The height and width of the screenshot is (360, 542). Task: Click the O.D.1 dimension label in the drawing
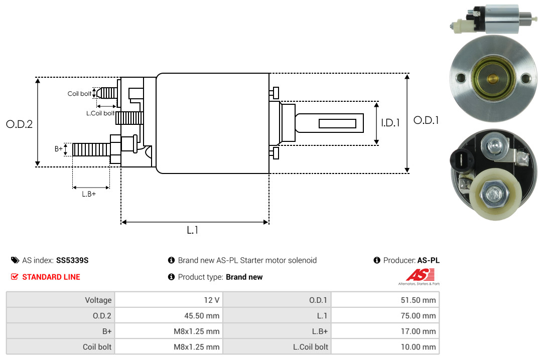pyautogui.click(x=426, y=120)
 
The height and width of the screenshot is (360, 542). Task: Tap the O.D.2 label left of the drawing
pyautogui.click(x=20, y=124)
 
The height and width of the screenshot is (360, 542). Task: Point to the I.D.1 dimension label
pyautogui.click(x=390, y=123)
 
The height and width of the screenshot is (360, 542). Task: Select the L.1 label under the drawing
pyautogui.click(x=193, y=230)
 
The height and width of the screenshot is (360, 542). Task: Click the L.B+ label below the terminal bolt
pyautogui.click(x=89, y=194)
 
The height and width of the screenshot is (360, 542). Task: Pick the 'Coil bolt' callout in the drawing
pyautogui.click(x=79, y=94)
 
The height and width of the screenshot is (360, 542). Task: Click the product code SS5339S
pyautogui.click(x=72, y=260)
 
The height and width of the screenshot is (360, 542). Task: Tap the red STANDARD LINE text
pyautogui.click(x=51, y=277)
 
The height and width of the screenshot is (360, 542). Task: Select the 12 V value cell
pyautogui.click(x=212, y=300)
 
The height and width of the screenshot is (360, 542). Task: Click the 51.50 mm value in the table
pyautogui.click(x=418, y=300)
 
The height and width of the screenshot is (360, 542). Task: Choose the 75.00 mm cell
pyautogui.click(x=418, y=315)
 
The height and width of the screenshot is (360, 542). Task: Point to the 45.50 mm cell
pyautogui.click(x=202, y=315)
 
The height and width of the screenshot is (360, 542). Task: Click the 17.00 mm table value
pyautogui.click(x=418, y=331)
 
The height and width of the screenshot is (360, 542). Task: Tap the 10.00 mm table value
pyautogui.click(x=418, y=346)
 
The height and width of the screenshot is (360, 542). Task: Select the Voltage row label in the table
pyautogui.click(x=98, y=300)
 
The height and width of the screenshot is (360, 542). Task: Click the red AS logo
pyautogui.click(x=421, y=275)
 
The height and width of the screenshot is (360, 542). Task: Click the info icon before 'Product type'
pyautogui.click(x=171, y=277)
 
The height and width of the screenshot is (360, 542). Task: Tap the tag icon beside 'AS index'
pyautogui.click(x=15, y=260)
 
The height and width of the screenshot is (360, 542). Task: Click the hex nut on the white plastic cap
pyautogui.click(x=495, y=194)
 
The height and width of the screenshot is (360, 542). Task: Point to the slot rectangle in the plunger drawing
pyautogui.click(x=337, y=123)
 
